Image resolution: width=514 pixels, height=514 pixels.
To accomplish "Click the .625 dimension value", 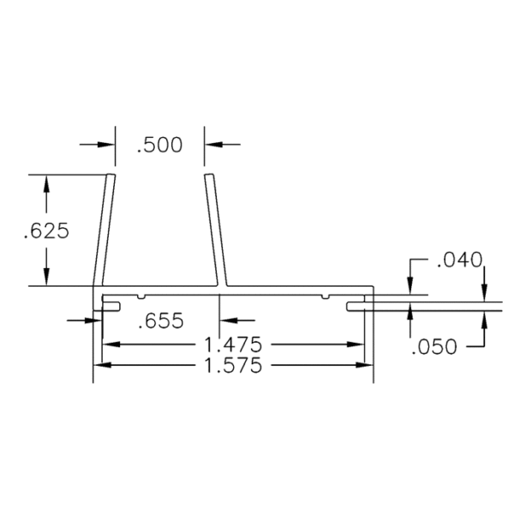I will point(45,231).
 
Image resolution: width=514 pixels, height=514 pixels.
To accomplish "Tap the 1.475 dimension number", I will point(234,344).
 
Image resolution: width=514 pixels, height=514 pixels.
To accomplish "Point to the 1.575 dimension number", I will point(234,366).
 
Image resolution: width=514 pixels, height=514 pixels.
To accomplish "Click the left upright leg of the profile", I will point(104,231).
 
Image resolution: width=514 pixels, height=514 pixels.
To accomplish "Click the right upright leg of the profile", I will point(215,231).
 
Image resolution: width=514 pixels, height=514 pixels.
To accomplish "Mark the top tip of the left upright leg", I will point(111,176).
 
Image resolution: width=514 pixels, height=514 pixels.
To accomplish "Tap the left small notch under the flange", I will point(139,297).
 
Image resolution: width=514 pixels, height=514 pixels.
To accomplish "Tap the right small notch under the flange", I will point(324,297).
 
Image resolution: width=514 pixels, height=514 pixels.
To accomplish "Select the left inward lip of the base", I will point(111,303).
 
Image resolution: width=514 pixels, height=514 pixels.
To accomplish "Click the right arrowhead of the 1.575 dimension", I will point(368,366).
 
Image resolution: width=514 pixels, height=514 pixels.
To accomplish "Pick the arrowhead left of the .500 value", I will point(108,144).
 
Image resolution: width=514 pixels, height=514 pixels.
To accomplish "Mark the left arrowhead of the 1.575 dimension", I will point(99,366).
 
